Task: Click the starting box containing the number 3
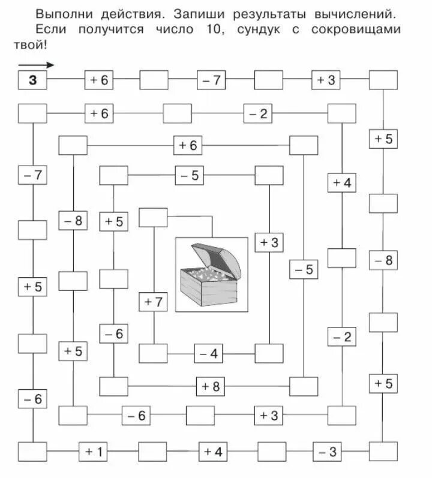tap(33, 80)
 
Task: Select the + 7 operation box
tap(154, 302)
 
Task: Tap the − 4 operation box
tap(208, 353)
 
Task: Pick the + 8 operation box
tap(211, 386)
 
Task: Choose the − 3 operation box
tap(327, 451)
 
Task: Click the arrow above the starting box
tap(36, 65)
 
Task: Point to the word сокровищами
tap(366, 29)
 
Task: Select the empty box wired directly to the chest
tap(153, 217)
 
